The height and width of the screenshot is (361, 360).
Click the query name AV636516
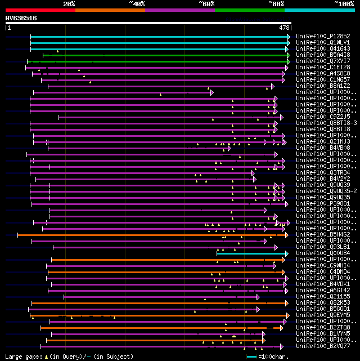coord(21,18)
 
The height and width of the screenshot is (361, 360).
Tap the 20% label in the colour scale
coord(69,4)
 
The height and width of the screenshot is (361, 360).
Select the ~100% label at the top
coord(344,4)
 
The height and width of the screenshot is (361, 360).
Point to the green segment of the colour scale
coord(249,10)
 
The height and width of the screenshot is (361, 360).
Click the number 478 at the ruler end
coord(285,27)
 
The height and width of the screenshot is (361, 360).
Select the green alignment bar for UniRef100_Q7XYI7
coord(157,61)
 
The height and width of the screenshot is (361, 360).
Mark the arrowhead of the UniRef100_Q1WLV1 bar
coord(289,42)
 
